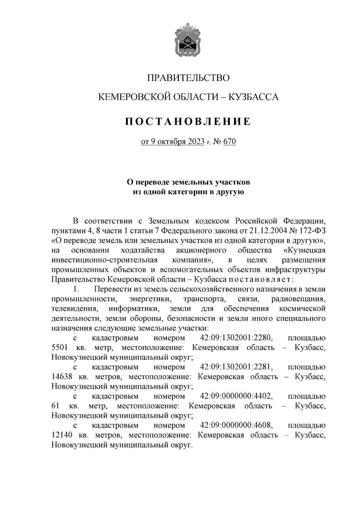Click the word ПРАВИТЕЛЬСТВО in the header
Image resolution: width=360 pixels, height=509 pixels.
(x=188, y=78)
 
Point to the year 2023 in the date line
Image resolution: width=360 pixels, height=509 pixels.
(x=196, y=142)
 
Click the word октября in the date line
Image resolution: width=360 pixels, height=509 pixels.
(x=172, y=142)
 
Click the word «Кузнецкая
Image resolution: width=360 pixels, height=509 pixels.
(x=304, y=250)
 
